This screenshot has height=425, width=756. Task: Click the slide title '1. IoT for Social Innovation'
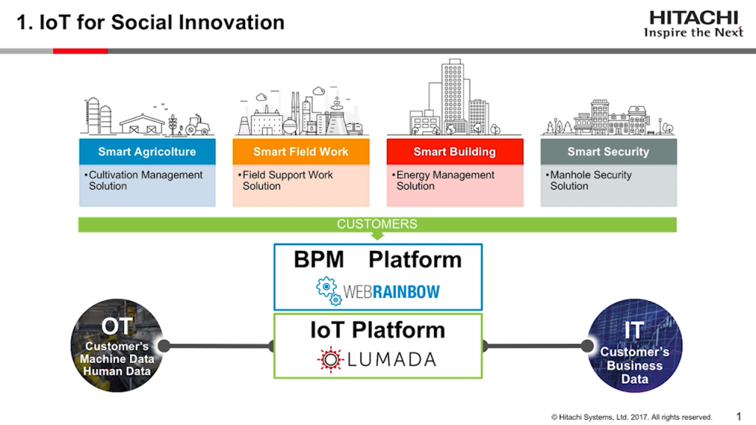(151, 22)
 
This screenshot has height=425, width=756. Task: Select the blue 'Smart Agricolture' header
(147, 152)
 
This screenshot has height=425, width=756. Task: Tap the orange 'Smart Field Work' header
(300, 152)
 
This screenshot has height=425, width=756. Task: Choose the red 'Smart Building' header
(454, 152)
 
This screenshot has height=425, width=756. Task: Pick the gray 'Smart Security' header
(608, 152)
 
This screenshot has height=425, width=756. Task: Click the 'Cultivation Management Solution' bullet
(145, 181)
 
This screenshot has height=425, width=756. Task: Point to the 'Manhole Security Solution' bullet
(591, 181)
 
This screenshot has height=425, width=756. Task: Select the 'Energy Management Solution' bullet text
(444, 181)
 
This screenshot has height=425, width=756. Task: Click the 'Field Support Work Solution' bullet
(287, 181)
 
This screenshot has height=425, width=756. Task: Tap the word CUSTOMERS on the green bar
(377, 224)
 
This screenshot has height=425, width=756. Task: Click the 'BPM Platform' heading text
(377, 260)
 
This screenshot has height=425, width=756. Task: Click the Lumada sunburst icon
(331, 359)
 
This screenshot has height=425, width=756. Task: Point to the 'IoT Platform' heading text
(377, 330)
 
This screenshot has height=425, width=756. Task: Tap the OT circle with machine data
(117, 347)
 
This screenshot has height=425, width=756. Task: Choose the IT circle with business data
(634, 347)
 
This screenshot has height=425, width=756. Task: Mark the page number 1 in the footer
(739, 416)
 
